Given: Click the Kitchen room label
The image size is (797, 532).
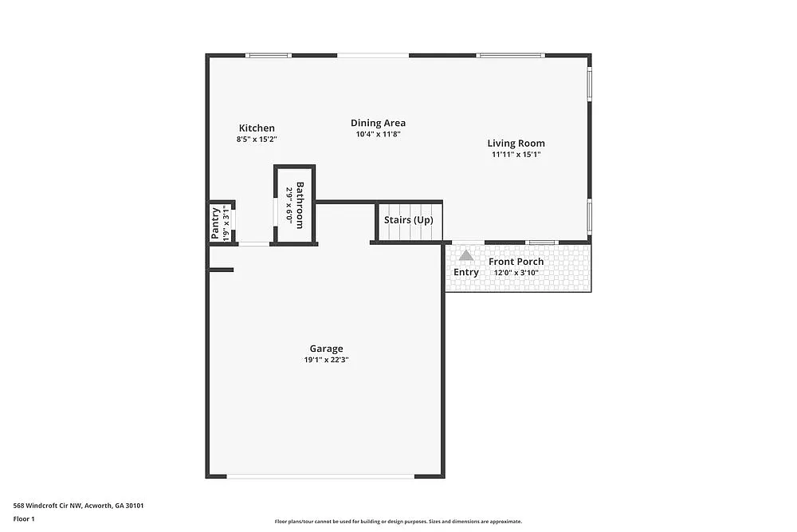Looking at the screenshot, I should click(x=257, y=128).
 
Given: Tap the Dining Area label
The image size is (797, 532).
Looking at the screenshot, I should click(x=378, y=123).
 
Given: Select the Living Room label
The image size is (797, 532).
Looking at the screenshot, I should click(x=516, y=144).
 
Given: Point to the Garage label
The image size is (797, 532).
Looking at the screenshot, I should click(x=326, y=349).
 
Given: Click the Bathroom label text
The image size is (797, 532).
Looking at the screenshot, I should click(x=300, y=206).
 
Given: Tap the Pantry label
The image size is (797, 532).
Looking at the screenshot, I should click(x=215, y=223).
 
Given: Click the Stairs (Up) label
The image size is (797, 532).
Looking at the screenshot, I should click(x=408, y=219).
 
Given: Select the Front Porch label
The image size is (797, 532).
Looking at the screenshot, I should click(x=516, y=262).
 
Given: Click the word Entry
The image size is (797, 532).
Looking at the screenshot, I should click(x=466, y=272).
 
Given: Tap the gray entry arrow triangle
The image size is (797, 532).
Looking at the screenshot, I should click(x=465, y=255).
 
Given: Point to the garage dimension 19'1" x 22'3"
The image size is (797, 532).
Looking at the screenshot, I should click(x=326, y=360).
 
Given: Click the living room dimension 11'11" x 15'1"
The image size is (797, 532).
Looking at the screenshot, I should click(x=516, y=155).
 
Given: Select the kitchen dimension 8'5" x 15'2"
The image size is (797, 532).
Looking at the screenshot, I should click(x=257, y=139).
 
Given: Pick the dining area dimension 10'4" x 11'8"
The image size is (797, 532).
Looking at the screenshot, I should click(x=378, y=134).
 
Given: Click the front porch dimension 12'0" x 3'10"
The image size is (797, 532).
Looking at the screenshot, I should click(x=516, y=272).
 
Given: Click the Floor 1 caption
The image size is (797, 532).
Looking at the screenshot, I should click(x=24, y=518).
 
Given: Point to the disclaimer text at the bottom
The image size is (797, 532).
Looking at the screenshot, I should click(x=398, y=521).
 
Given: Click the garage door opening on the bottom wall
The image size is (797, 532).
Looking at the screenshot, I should click(x=320, y=476).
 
